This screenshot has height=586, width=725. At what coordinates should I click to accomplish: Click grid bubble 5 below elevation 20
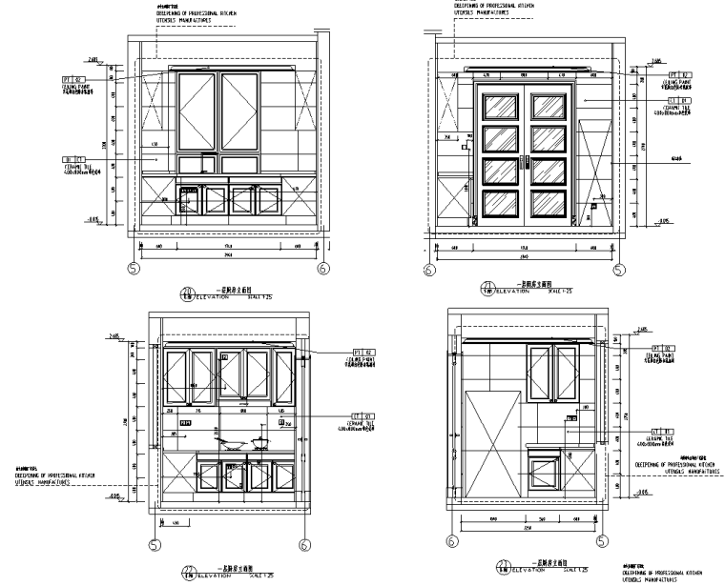[x=134, y=270]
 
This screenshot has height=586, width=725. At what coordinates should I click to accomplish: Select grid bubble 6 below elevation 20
[x=322, y=270]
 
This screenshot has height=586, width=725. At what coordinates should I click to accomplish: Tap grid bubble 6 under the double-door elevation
[x=428, y=271]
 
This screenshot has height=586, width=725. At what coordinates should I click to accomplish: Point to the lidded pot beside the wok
[x=259, y=440]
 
